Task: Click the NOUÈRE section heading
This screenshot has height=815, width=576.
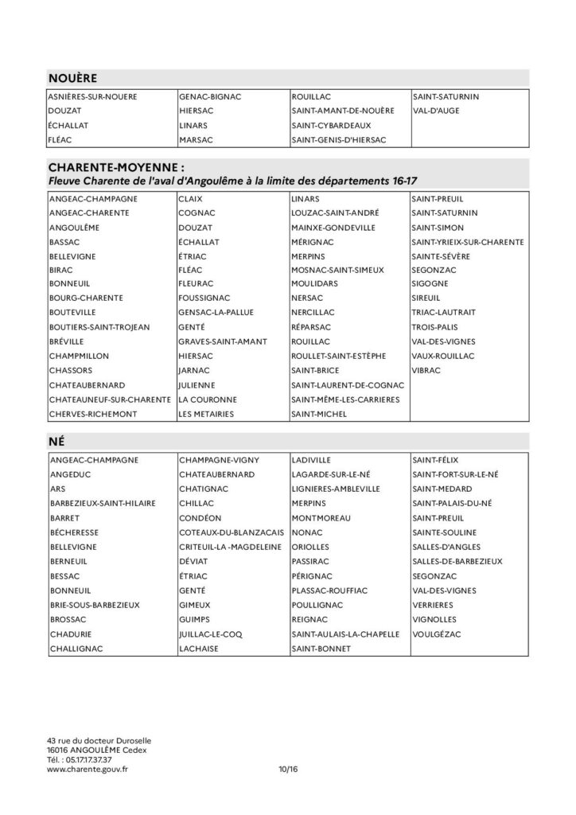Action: [72, 78]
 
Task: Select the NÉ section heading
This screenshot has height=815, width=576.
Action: [56, 442]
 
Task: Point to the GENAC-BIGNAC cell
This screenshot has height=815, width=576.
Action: [210, 97]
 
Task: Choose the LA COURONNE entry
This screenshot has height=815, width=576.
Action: [206, 399]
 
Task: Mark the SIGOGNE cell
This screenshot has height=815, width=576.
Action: [431, 283]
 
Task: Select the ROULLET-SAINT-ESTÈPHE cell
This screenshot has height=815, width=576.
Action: [339, 356]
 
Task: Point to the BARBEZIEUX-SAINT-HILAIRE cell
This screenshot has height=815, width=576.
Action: [102, 503]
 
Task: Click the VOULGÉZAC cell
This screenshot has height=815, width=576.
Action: [437, 634]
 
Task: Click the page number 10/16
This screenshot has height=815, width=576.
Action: [287, 770]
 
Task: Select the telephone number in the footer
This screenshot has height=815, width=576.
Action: [79, 759]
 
